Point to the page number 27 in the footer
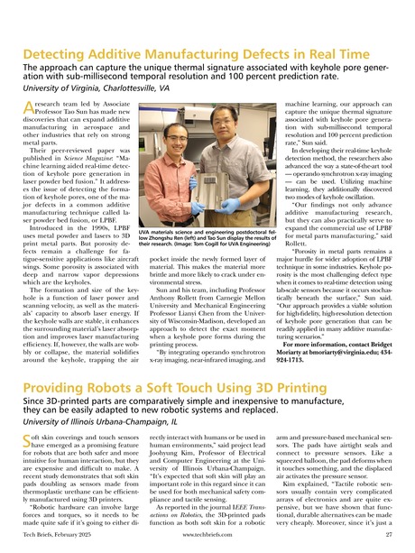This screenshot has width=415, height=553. click(x=390, y=541)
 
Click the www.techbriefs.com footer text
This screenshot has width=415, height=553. click(x=207, y=541)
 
